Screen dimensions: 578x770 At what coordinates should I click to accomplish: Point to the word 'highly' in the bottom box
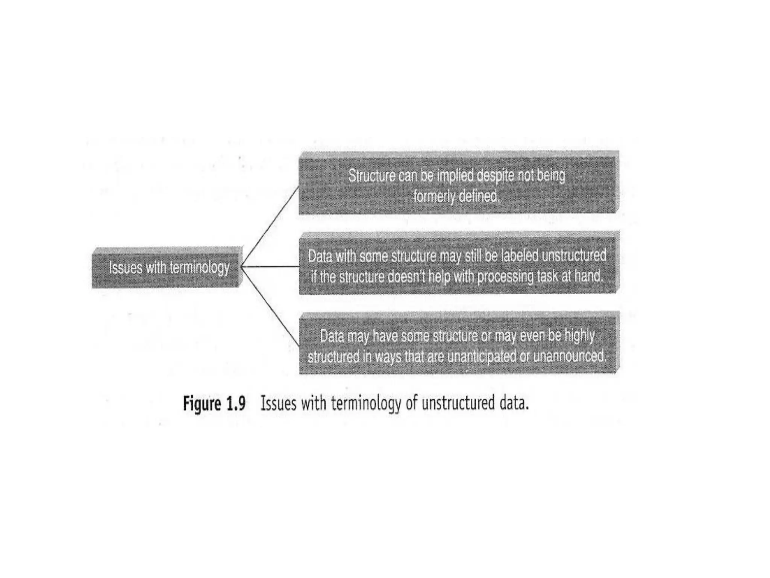coord(579,335)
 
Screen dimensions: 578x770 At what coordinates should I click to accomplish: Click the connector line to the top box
coord(270,226)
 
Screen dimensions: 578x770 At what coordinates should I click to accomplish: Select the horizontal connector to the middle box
coord(270,267)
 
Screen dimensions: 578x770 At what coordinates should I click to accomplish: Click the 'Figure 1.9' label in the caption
coord(214,403)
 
